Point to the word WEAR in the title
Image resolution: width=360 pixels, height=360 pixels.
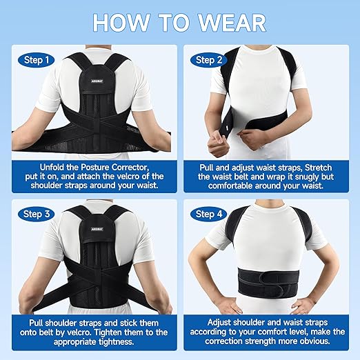[232, 21]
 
